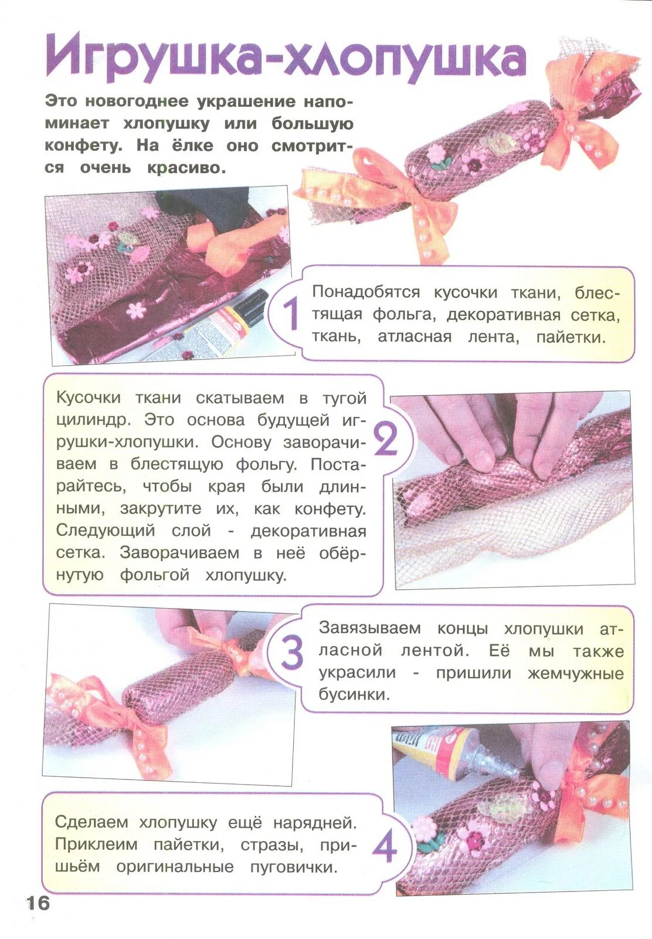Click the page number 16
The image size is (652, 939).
(38, 903)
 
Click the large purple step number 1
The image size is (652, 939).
(290, 315)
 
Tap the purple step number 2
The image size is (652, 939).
(386, 440)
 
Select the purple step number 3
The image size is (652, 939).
(291, 653)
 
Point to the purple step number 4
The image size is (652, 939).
(385, 849)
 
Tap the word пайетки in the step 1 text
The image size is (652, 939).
(570, 337)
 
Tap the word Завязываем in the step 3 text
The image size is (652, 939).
(369, 628)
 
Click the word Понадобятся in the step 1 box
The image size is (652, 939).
(366, 292)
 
